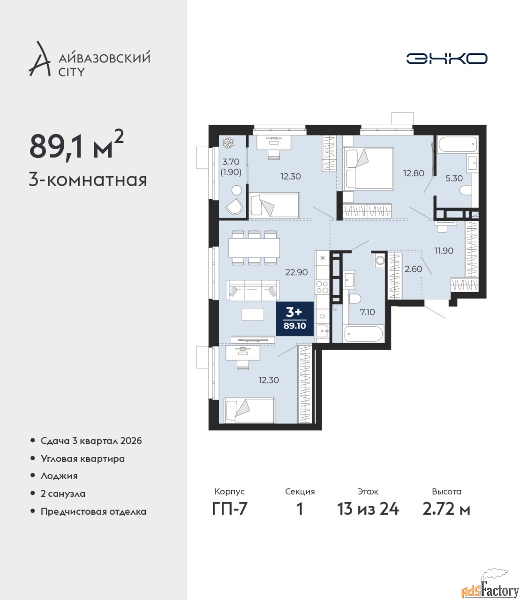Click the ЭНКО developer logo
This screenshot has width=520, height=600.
446,58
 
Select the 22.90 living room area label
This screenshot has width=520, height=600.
296,272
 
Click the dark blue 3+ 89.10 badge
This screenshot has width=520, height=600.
294,319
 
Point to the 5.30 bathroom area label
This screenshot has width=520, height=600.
454,178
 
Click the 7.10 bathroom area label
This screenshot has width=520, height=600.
367,312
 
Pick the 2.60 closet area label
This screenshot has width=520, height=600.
414,269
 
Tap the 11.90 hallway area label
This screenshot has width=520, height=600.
444,250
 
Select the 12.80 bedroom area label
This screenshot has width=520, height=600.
414,173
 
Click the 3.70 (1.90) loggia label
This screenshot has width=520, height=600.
231,167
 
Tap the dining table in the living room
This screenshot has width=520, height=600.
254,247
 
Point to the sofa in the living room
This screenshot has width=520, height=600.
253,291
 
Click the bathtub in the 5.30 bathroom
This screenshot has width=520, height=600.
458,144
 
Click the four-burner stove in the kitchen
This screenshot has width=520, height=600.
322,287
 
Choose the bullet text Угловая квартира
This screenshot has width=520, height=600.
83,459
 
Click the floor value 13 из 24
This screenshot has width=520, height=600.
368,509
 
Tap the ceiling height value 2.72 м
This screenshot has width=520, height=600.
446,509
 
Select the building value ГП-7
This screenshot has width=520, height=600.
230,509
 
